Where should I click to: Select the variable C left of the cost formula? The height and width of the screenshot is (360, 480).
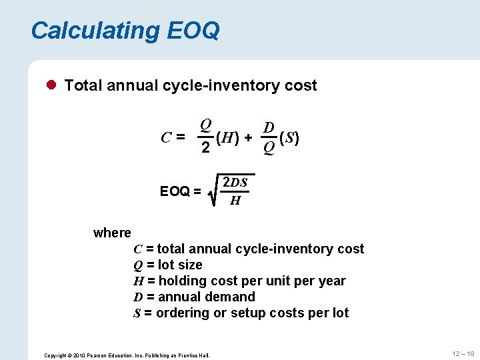(168, 138)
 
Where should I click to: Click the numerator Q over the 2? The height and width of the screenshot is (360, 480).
(206, 125)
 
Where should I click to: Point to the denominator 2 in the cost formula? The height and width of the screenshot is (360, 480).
(206, 148)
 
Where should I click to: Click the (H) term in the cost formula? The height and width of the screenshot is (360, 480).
(229, 138)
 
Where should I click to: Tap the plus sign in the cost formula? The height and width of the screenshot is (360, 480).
(249, 138)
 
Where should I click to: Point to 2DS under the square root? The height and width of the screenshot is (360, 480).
(235, 183)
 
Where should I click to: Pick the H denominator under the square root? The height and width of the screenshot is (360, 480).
(235, 200)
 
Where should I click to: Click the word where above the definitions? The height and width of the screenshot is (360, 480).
(112, 233)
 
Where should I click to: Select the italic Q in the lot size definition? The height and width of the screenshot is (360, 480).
(138, 265)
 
